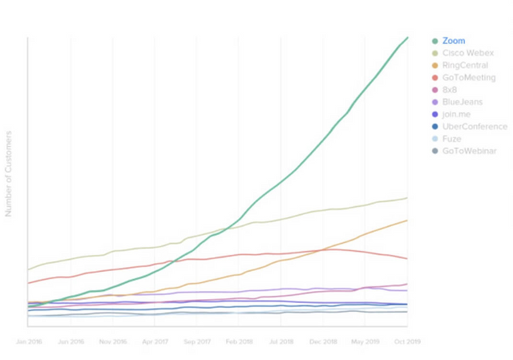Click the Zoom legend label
tap(453, 41)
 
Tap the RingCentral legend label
tap(465, 65)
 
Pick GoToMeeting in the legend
tap(469, 78)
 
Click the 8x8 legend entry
tap(450, 90)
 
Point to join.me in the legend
tap(455, 114)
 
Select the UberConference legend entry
tap(475, 127)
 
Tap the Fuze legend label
tap(452, 139)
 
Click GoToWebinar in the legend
tap(469, 151)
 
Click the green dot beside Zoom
tap(434, 41)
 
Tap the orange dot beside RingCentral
tap(434, 65)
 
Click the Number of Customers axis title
tap(9, 173)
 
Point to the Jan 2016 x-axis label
tap(29, 342)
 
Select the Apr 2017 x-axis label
tap(154, 342)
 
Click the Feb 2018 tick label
tap(239, 342)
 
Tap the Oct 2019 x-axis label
tap(406, 342)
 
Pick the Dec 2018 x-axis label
tap(322, 342)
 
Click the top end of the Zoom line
tap(407, 38)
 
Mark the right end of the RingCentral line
tap(407, 220)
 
